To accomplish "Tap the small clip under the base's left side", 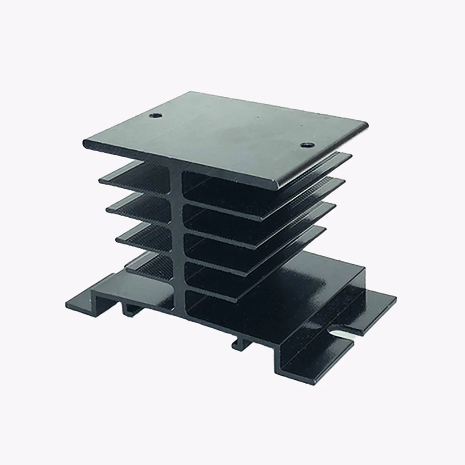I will tap(130, 309).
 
